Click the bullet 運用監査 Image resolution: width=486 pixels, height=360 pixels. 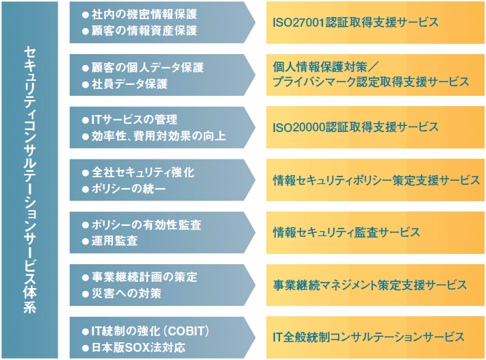(x=114, y=241)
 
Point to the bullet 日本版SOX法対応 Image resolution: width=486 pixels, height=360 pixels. (x=137, y=346)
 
